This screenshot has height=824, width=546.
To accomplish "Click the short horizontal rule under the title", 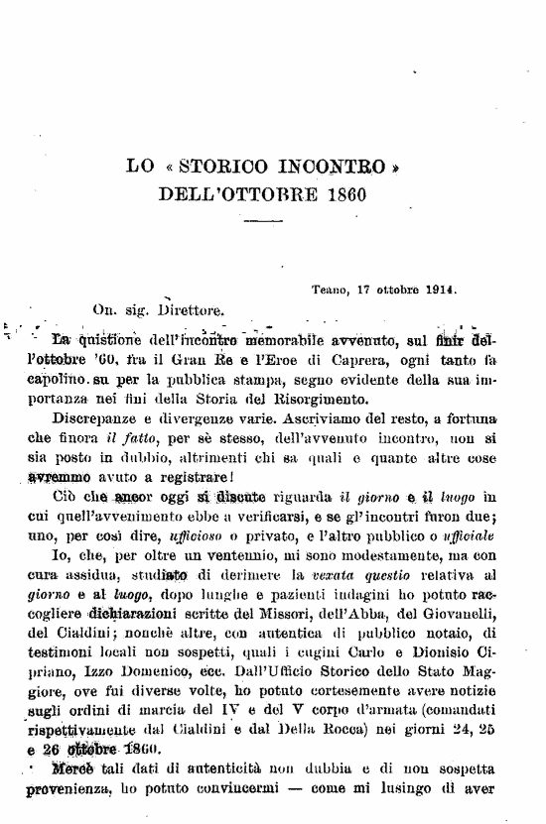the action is click(262, 219).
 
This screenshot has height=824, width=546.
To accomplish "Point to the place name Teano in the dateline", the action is click(329, 291).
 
